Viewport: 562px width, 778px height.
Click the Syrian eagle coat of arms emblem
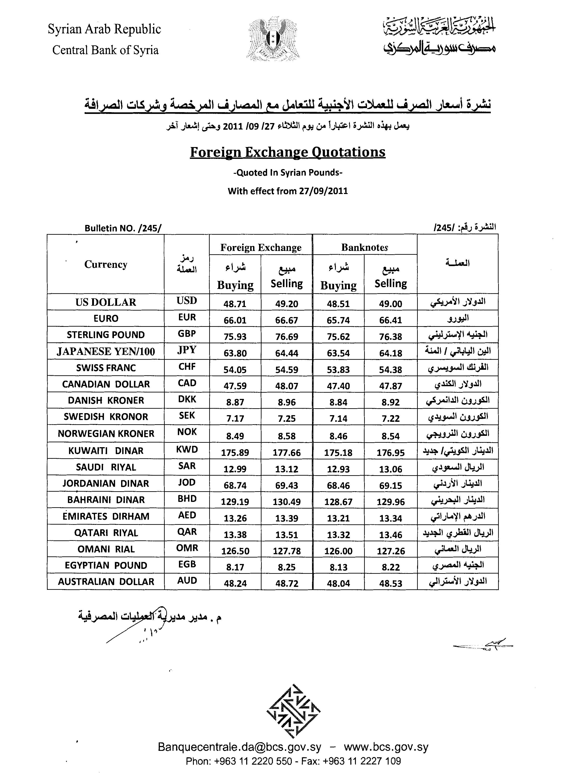pyautogui.click(x=273, y=39)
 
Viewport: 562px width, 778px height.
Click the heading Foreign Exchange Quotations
pyautogui.click(x=288, y=152)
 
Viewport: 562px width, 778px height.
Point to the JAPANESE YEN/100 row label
pyautogui.click(x=106, y=351)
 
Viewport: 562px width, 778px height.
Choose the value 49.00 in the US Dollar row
pyautogui.click(x=390, y=304)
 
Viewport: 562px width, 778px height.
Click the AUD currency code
pyautogui.click(x=187, y=580)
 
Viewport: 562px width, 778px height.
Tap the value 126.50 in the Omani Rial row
pyautogui.click(x=235, y=551)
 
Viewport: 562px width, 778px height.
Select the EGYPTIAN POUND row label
pyautogui.click(x=106, y=565)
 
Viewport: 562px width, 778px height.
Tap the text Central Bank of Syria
pyautogui.click(x=105, y=50)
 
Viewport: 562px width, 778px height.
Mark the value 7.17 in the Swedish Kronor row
pyautogui.click(x=235, y=418)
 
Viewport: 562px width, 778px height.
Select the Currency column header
pyautogui.click(x=106, y=265)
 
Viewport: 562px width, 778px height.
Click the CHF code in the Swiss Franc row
pyautogui.click(x=187, y=366)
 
